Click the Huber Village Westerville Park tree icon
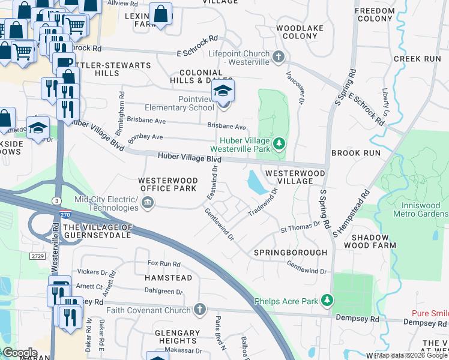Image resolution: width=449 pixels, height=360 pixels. click(x=279, y=143)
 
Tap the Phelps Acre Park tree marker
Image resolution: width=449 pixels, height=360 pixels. click(x=327, y=299)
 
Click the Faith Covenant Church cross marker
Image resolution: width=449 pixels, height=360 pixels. click(x=200, y=310)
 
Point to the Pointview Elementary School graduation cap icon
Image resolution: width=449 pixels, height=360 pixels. click(x=223, y=92)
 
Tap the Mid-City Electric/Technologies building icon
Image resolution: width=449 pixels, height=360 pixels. click(x=148, y=204)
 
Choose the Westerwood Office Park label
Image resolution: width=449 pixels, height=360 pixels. click(x=167, y=184)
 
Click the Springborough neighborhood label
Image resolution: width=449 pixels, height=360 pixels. click(x=291, y=253)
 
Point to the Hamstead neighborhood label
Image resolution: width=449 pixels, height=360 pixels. click(x=168, y=278)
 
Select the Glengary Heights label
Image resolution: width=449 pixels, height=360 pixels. click(x=177, y=337)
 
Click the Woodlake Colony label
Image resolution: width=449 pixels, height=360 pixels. click(x=300, y=32)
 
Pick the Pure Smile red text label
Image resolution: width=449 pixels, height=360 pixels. click(x=430, y=314)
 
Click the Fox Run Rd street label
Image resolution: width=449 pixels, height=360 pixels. click(x=164, y=264)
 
